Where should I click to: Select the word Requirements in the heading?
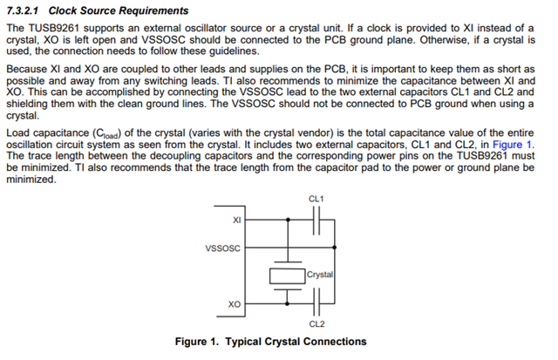pos(153,10)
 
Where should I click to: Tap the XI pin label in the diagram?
pos(236,221)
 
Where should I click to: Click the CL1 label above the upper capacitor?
pos(316,200)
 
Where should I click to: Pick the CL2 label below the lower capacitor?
pos(316,324)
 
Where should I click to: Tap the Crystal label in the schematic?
pos(321,275)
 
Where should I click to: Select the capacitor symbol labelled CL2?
pos(318,304)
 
